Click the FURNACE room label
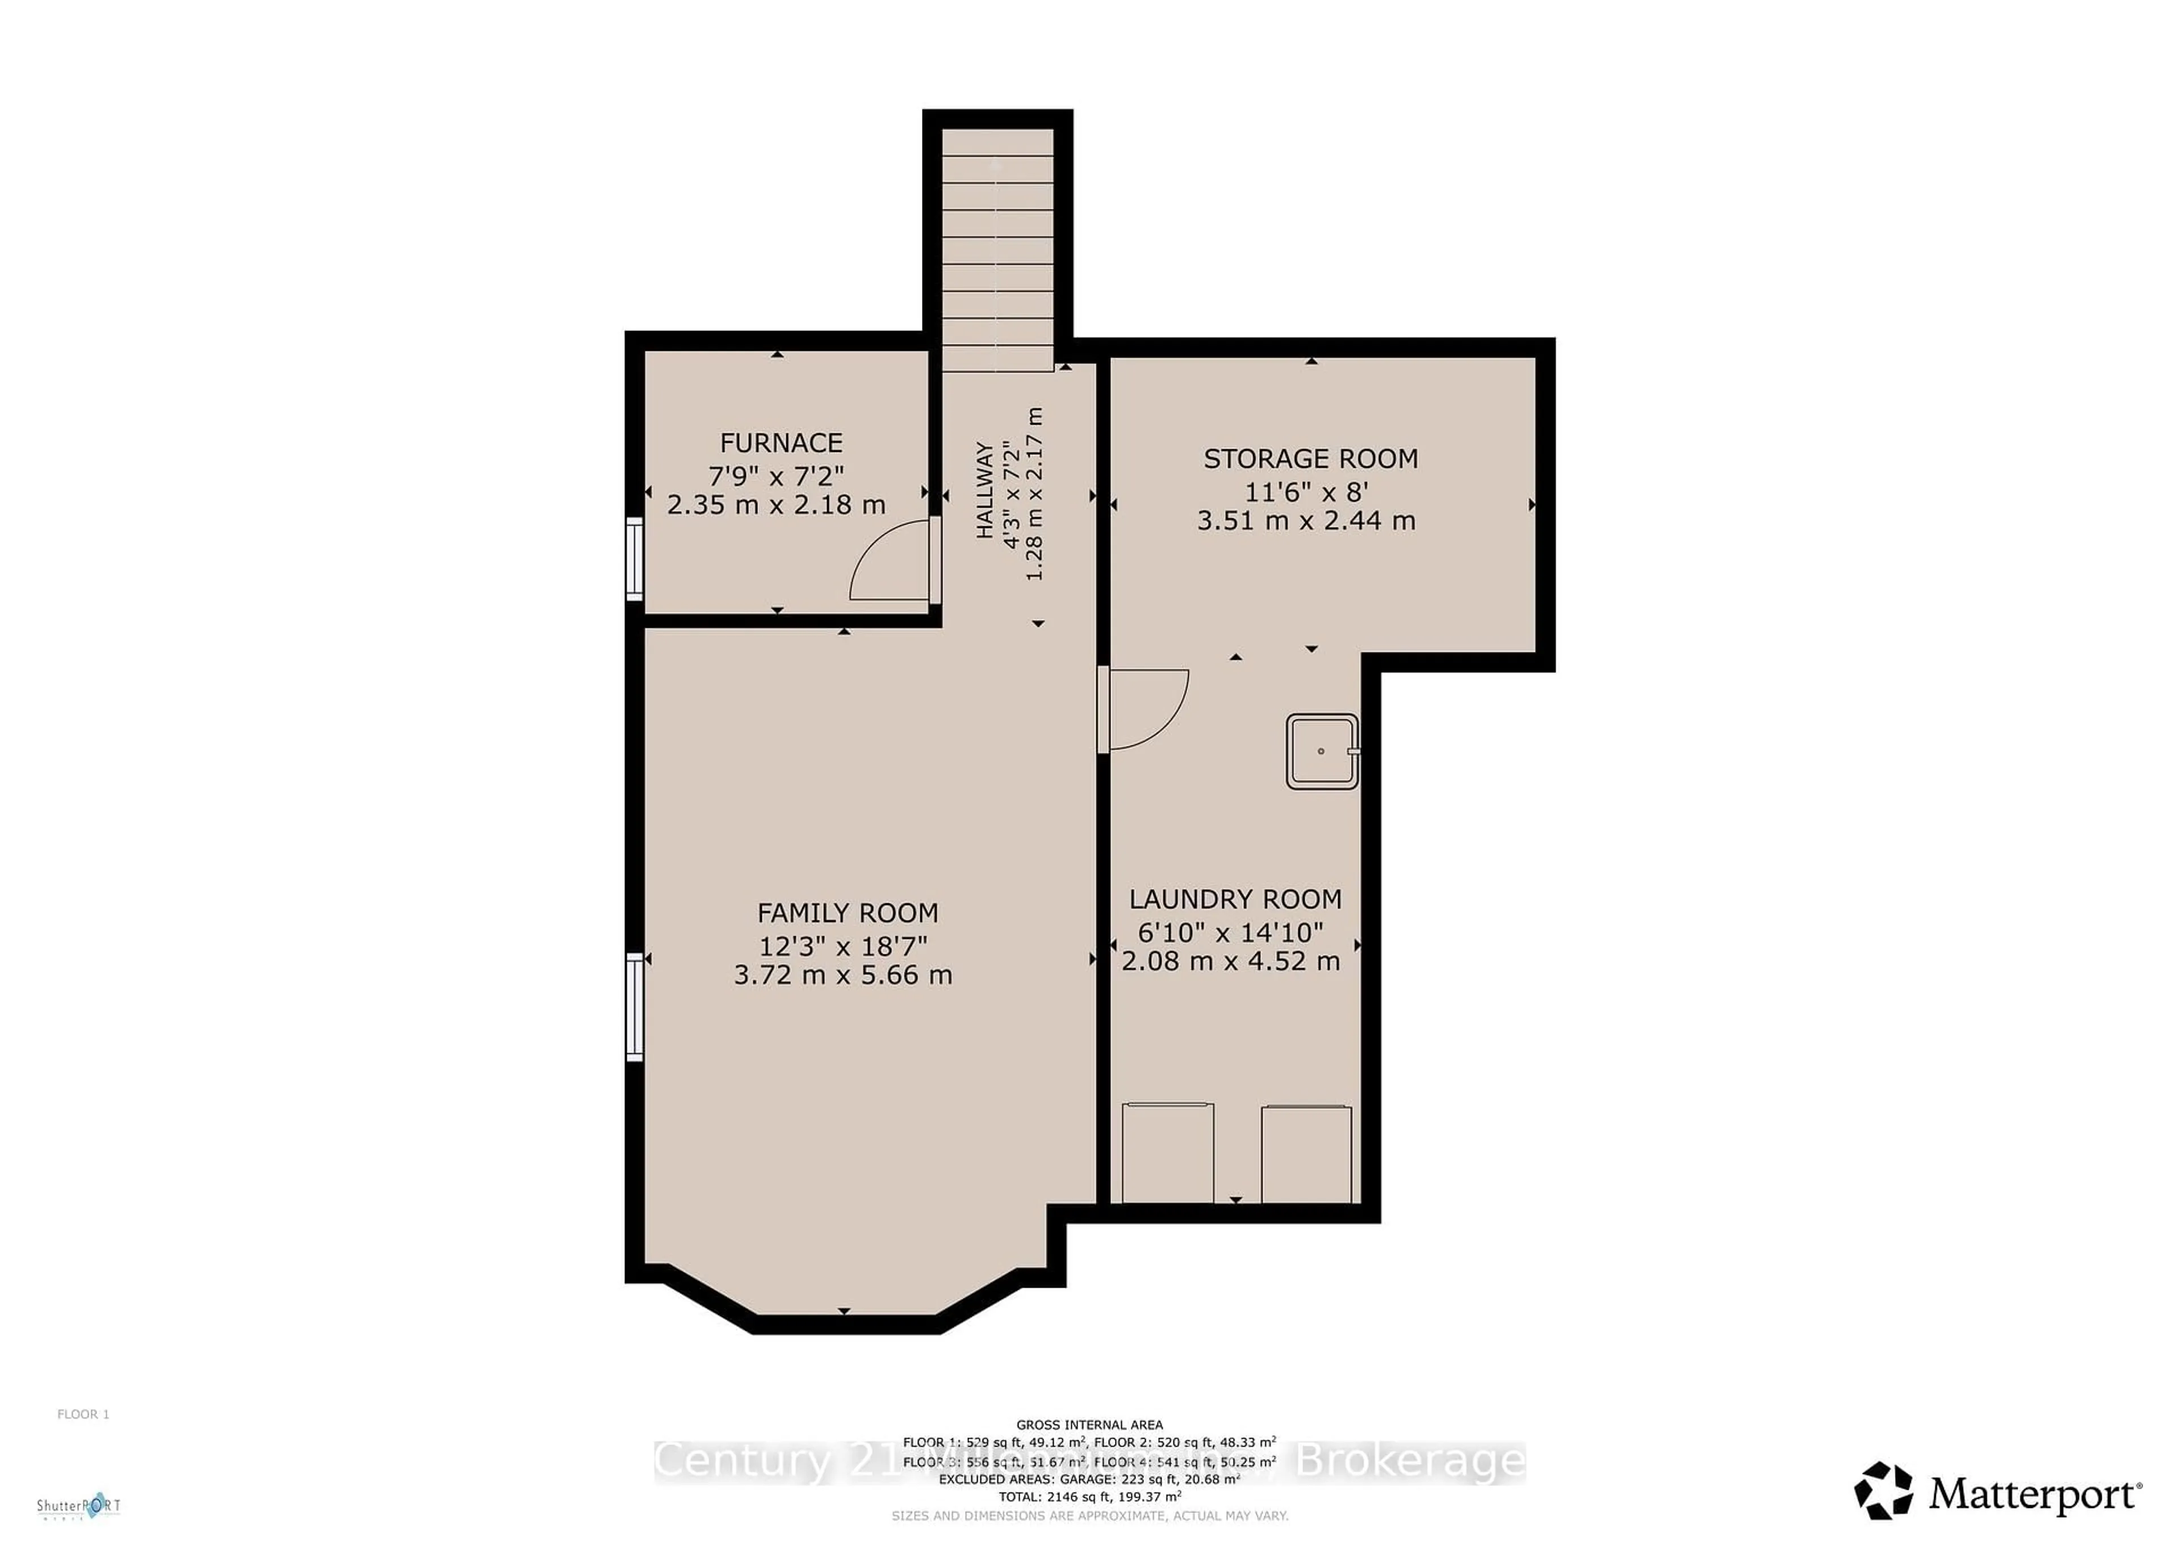pyautogui.click(x=781, y=443)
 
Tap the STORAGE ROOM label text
pyautogui.click(x=1310, y=459)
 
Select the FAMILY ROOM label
pyautogui.click(x=847, y=914)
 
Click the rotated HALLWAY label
pyautogui.click(x=984, y=490)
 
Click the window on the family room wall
pyautogui.click(x=634, y=1007)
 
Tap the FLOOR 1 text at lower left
pyautogui.click(x=83, y=1414)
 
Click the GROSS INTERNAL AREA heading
pyautogui.click(x=1089, y=1424)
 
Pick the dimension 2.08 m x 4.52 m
pyautogui.click(x=1231, y=962)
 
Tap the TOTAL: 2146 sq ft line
pyautogui.click(x=1089, y=1497)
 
